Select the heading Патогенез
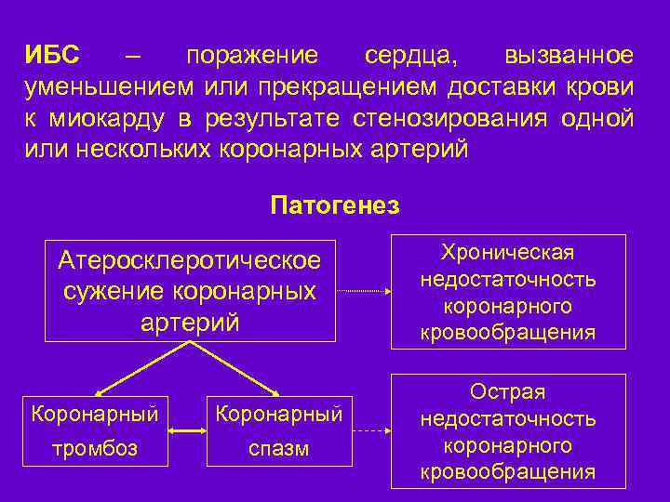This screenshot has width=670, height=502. (334, 205)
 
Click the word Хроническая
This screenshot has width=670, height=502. (508, 253)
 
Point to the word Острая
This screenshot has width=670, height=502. (508, 392)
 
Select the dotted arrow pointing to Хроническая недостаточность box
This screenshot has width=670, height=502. (363, 292)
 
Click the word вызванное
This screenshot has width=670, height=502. (569, 56)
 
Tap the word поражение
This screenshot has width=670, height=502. (251, 56)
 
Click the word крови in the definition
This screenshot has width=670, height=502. (599, 87)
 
